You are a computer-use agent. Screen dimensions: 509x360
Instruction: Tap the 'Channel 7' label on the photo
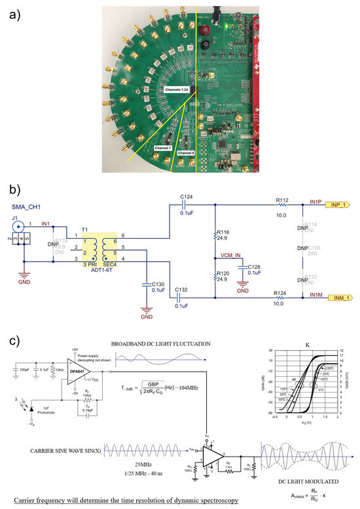pos(163,149)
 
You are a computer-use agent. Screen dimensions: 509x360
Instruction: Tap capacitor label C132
pos(182,289)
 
